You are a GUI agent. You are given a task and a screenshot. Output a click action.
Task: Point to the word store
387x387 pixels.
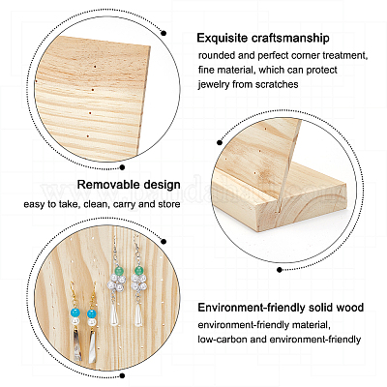[x=169, y=204]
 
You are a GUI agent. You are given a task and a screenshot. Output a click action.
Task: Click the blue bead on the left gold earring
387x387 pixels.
[x=75, y=313]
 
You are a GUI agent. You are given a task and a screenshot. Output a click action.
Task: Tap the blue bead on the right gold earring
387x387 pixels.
[x=93, y=314]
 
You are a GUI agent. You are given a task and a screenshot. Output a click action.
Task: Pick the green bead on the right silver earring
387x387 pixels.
[x=138, y=271]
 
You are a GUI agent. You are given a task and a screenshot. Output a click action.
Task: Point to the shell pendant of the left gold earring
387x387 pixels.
[x=77, y=346]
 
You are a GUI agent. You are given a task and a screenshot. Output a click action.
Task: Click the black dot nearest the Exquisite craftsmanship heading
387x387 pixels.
[x=164, y=33]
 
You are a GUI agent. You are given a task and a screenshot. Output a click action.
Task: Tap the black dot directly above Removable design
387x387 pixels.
[x=122, y=167]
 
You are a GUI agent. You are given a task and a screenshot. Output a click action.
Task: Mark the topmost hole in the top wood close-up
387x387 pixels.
[x=95, y=67]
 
